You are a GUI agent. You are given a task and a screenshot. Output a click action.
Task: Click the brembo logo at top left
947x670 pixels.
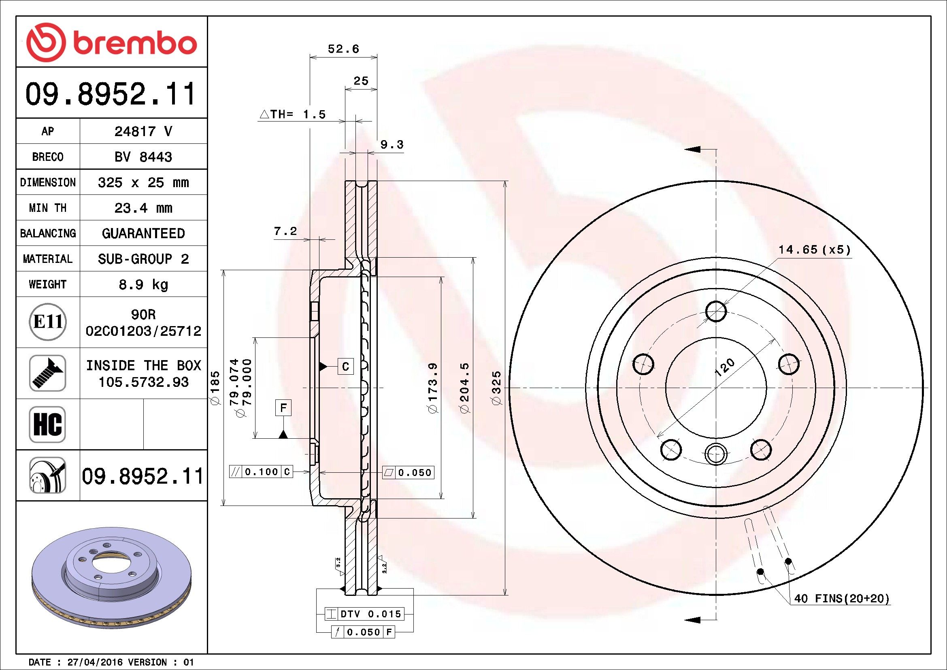point(111,43)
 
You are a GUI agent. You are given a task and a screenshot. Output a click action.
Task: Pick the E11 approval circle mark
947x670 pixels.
point(48,322)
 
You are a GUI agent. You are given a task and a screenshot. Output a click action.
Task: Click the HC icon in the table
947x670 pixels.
point(47,424)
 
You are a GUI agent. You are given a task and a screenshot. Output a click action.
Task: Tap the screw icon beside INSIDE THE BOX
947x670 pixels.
point(47,373)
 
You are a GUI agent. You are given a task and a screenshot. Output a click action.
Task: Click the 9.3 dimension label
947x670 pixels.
point(392,144)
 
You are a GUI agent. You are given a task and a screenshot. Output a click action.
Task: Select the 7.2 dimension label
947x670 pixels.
point(285,231)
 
